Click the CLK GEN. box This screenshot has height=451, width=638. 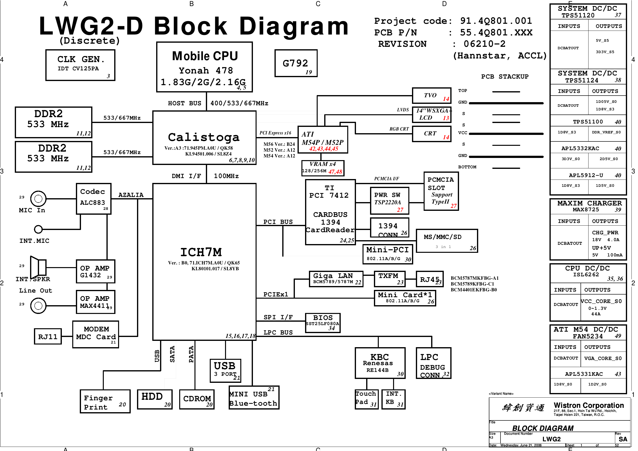pos(80,65)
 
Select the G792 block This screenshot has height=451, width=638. pos(296,63)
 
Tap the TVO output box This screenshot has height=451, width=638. pos(431,95)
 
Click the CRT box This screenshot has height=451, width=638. pos(431,134)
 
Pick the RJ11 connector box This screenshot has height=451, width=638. pos(48,337)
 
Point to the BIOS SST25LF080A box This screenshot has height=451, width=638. pos(323,322)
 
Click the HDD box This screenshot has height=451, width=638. pos(155,399)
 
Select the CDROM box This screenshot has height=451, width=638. pos(197,399)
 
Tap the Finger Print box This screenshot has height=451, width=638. pos(105,401)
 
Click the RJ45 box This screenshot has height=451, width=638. pos(430,279)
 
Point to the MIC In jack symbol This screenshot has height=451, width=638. pos(38,198)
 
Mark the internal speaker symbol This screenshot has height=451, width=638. pos(38,267)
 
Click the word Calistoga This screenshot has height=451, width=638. pos(204,137)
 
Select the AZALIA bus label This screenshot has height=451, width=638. pos(131,195)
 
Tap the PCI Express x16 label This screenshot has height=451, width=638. pos(275,133)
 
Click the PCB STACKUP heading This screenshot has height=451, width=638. pos(505,76)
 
